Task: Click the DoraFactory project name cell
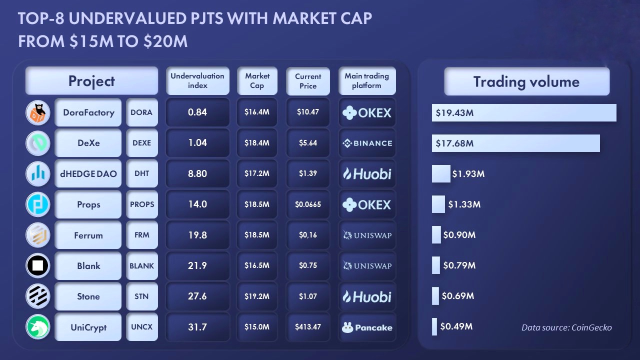click(88, 112)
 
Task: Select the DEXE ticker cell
click(141, 143)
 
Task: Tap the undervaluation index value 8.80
click(197, 173)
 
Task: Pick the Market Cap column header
click(257, 81)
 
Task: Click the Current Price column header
click(308, 81)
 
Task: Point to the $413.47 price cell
click(308, 327)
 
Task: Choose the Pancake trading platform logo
click(367, 327)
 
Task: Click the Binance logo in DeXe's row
click(367, 143)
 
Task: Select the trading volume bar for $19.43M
click(524, 112)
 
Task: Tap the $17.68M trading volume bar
click(515, 143)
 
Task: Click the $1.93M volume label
click(468, 174)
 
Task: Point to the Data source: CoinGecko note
click(566, 327)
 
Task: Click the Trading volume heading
click(526, 81)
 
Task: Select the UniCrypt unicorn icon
click(38, 327)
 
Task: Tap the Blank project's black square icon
click(38, 265)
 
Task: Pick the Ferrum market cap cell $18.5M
click(257, 235)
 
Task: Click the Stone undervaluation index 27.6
click(197, 296)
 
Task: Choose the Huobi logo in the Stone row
click(367, 296)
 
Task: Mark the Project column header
click(91, 81)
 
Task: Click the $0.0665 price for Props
click(308, 204)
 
